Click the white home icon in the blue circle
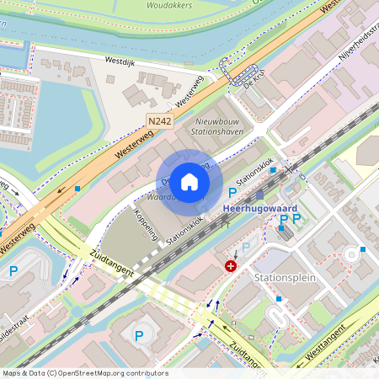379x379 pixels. click(189, 182)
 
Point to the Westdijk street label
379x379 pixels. click(119, 61)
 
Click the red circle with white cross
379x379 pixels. click(230, 265)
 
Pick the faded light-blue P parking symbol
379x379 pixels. click(246, 247)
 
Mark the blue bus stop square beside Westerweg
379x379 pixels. click(77, 189)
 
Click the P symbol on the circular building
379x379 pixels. click(139, 335)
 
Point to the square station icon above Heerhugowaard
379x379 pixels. click(260, 195)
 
